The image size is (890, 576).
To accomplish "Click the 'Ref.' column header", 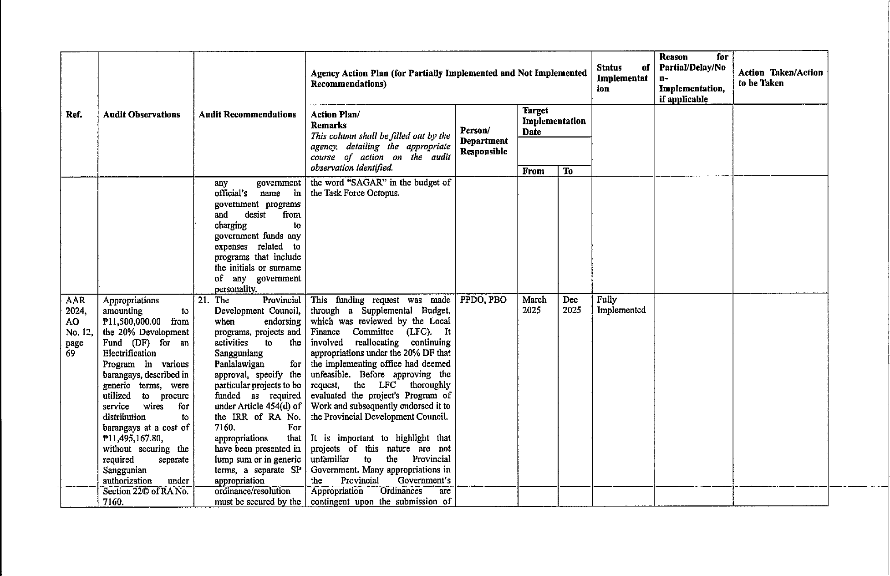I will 74,114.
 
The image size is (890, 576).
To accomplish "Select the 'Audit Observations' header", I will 141,115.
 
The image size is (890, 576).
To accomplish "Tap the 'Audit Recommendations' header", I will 247,115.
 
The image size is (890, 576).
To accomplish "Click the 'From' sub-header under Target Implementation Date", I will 533,171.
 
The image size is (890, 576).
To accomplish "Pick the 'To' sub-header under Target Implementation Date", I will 568,171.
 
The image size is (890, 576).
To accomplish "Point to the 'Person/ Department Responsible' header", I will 483,141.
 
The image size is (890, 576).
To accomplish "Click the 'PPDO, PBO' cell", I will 483,300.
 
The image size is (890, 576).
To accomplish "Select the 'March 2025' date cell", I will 534,305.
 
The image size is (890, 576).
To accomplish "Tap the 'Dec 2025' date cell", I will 572,305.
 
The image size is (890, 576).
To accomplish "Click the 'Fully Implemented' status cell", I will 621,305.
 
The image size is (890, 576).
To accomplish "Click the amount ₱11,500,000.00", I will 132,322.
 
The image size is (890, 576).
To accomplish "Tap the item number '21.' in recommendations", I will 204,301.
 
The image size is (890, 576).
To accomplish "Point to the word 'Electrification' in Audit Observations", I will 129,353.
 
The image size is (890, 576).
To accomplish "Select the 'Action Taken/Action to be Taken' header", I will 780,78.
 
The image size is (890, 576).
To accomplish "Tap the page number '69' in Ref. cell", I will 70,353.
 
